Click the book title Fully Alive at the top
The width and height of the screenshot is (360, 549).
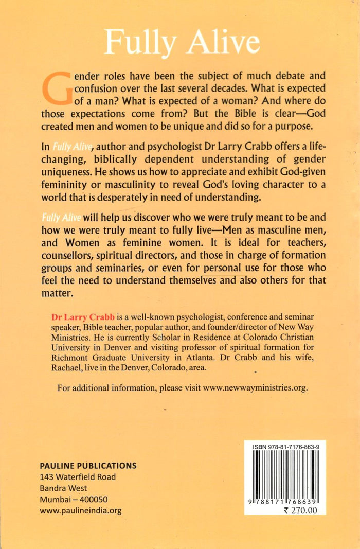coord(182,41)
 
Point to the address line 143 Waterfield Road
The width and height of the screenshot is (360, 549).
coord(78,477)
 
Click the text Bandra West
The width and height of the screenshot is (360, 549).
coord(63,488)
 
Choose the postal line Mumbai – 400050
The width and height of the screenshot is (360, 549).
coord(74,500)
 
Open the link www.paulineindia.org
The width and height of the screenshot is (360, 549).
coord(81,511)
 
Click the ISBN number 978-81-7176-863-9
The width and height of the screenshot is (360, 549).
coord(285,449)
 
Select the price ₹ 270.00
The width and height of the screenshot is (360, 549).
coord(301,511)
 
